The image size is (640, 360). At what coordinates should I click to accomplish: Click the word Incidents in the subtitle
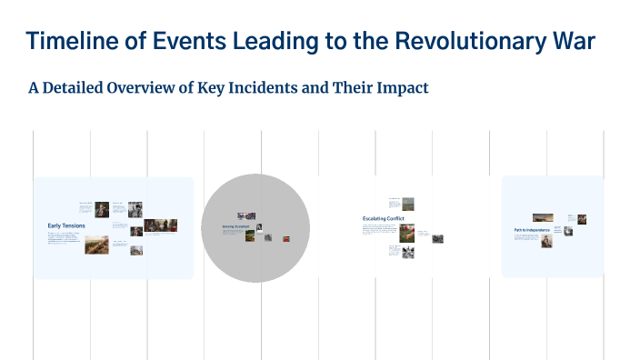point(303,88)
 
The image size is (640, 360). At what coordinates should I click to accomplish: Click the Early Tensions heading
point(65,225)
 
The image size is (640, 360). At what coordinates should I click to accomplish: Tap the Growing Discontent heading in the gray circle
point(235,225)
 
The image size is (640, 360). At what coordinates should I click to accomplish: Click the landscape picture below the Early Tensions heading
point(96,245)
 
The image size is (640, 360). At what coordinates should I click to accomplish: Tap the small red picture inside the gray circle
point(285,238)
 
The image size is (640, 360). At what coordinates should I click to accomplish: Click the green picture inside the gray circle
point(250,235)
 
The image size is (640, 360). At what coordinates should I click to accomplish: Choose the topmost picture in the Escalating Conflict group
point(407,204)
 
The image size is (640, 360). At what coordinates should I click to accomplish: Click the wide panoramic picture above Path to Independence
point(543,217)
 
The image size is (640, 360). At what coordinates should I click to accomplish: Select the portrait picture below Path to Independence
point(546,242)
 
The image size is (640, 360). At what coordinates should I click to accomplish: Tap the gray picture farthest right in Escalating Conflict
point(437,239)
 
